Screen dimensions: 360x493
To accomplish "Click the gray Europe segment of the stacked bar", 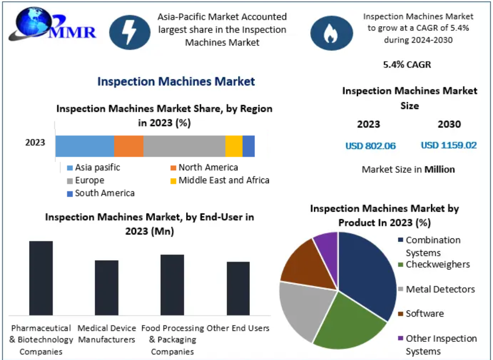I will (184, 146).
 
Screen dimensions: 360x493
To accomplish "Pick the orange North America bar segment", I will (128, 146).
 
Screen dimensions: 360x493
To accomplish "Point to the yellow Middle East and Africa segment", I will (234, 146).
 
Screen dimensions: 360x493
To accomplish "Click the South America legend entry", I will (101, 193).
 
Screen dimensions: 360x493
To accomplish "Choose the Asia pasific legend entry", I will (93, 167).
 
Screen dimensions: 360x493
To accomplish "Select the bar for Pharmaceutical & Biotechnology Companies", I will (41, 278).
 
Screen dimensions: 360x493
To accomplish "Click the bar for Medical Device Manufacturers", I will (107, 287).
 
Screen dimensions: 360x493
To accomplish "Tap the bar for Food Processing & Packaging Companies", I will (172, 284).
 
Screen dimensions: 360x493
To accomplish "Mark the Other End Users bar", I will (238, 288).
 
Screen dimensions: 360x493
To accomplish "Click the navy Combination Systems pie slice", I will (369, 271).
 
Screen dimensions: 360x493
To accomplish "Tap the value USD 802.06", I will (370, 146).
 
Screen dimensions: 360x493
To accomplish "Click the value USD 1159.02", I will (448, 146).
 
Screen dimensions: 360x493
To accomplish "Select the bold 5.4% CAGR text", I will (407, 64).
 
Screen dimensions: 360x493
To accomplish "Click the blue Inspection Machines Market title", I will (176, 81).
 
